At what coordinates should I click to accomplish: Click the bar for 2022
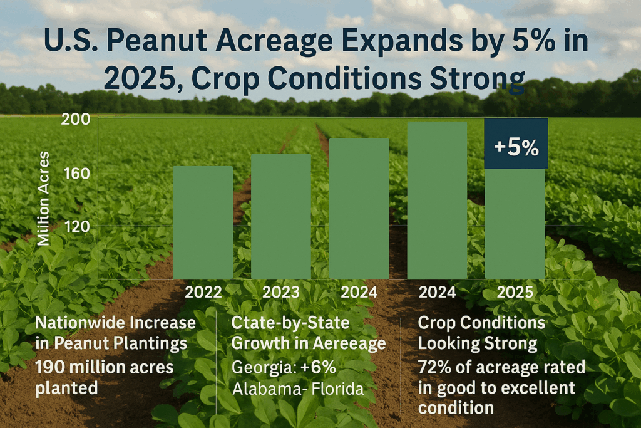point(203,222)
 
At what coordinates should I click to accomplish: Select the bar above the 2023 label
point(281,216)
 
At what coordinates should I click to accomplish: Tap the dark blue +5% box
point(516,144)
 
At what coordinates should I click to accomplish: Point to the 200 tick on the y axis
point(76,119)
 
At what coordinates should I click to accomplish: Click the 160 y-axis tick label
point(76,174)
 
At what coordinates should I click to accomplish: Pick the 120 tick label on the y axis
point(77,226)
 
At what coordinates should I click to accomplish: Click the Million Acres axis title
point(43,199)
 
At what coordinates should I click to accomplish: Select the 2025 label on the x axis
point(515,292)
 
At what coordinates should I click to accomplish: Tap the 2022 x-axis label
point(203,292)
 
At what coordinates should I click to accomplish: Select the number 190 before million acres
point(50,367)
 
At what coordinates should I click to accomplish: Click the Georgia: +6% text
point(284,367)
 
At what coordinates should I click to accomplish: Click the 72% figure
point(434,367)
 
